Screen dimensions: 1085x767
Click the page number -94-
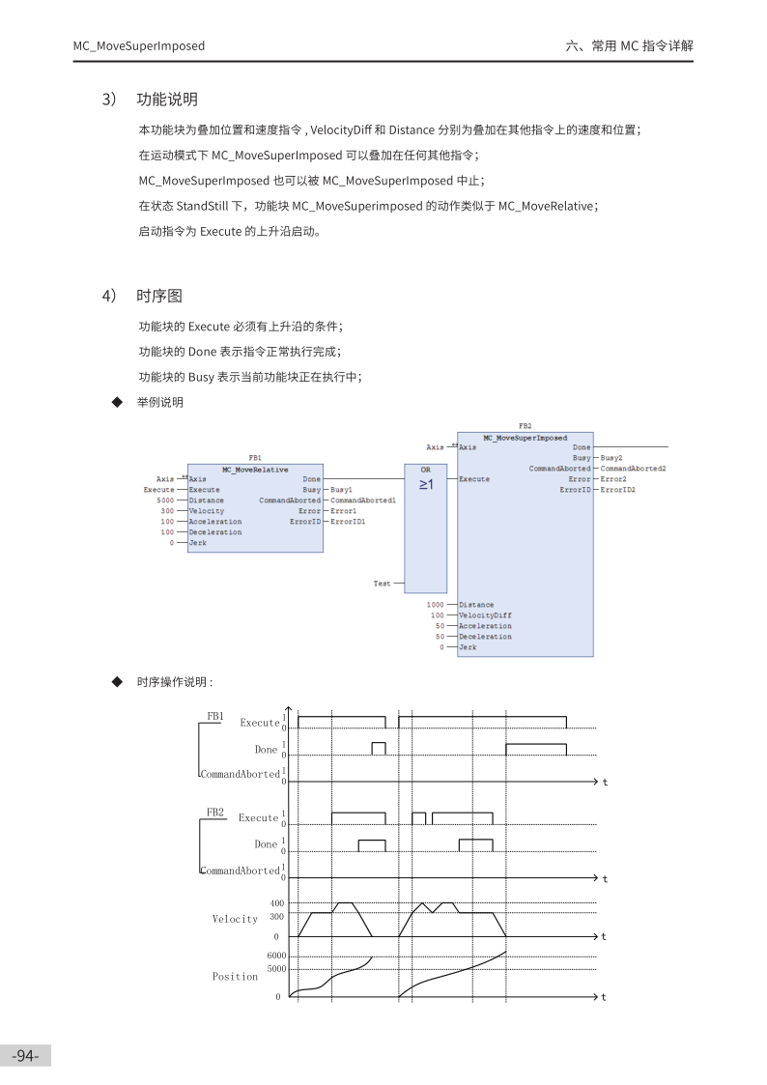click(x=25, y=1056)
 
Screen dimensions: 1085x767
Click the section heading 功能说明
click(x=167, y=100)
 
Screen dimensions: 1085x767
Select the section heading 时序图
click(x=159, y=296)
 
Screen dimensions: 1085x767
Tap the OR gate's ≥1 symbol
click(x=426, y=484)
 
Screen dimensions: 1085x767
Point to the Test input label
click(x=383, y=584)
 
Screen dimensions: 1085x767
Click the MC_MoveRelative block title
click(x=255, y=470)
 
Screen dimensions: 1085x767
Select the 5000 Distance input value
click(x=165, y=500)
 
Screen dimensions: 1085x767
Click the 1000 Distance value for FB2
click(x=436, y=605)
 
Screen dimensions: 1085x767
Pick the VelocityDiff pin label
click(x=485, y=615)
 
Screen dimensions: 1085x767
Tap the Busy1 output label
click(x=341, y=490)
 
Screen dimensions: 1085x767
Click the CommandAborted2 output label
click(x=633, y=469)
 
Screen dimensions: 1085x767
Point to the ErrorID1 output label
click(x=348, y=522)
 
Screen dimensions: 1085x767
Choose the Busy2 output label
click(x=611, y=458)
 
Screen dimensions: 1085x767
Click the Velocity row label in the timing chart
click(x=235, y=919)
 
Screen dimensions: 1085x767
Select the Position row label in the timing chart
click(x=235, y=977)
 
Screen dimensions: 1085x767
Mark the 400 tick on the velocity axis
click(x=277, y=903)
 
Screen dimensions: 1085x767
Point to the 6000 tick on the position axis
click(x=276, y=956)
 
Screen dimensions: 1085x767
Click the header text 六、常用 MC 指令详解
click(x=629, y=45)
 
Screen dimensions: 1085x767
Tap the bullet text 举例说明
click(x=160, y=402)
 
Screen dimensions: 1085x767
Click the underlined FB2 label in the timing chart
click(x=214, y=813)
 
